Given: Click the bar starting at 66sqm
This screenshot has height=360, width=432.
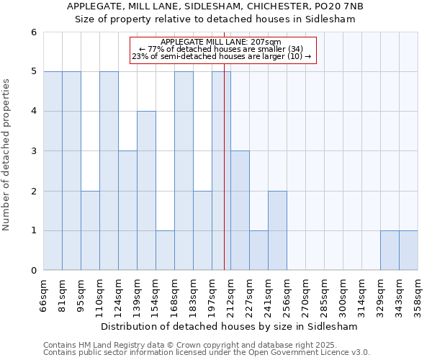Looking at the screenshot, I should [53, 171].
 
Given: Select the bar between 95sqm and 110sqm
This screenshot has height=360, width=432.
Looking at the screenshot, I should [90, 230].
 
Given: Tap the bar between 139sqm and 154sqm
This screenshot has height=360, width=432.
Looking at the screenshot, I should [146, 191].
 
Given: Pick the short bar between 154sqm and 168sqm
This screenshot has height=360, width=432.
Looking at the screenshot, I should [165, 251].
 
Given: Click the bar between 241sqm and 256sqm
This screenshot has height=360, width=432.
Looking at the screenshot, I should [277, 230].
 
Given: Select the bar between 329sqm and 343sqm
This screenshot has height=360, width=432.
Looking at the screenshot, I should [390, 251].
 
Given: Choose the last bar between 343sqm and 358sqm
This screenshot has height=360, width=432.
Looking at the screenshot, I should [408, 251].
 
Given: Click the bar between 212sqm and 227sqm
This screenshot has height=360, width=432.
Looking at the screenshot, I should [240, 210].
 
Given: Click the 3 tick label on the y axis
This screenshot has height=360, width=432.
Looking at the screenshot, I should [33, 151].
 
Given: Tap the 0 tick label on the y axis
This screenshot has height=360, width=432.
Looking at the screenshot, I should [33, 271].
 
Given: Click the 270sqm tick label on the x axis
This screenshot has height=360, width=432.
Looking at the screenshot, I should [305, 294].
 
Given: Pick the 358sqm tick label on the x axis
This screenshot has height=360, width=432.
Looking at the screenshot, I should [418, 294].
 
